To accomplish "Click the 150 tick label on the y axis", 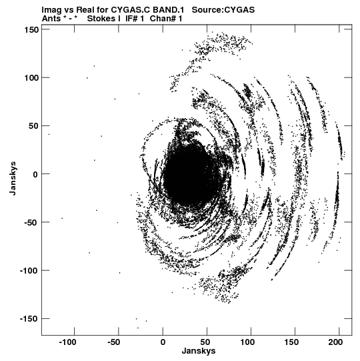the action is [x=31, y=30].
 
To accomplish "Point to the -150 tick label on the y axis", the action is [x=29, y=319].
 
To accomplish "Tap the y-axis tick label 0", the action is [x=35, y=174].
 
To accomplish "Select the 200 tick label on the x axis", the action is [x=335, y=342].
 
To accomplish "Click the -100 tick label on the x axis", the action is [x=67, y=342].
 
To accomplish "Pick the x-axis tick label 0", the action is [x=163, y=342].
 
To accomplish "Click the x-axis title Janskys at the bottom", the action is [x=199, y=351].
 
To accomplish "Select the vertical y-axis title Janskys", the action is [x=13, y=178].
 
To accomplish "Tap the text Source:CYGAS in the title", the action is [x=223, y=10].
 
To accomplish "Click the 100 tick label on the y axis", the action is [x=31, y=78].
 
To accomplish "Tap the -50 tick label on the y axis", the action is [x=31, y=222].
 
